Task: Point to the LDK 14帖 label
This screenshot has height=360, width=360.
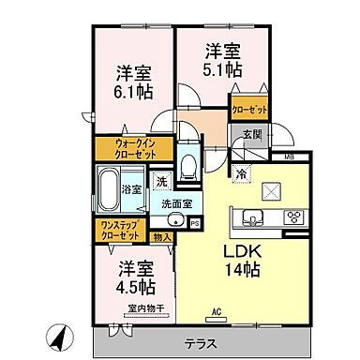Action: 240,260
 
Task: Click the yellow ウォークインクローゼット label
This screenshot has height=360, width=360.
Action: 130,148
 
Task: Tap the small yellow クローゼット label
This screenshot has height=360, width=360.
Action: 249,110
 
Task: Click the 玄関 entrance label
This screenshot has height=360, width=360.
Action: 250,135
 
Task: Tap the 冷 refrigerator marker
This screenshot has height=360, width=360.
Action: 241,173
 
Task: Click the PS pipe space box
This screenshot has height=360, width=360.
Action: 195,223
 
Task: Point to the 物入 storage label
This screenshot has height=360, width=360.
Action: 161,237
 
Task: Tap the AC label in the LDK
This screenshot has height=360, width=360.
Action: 215,311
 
